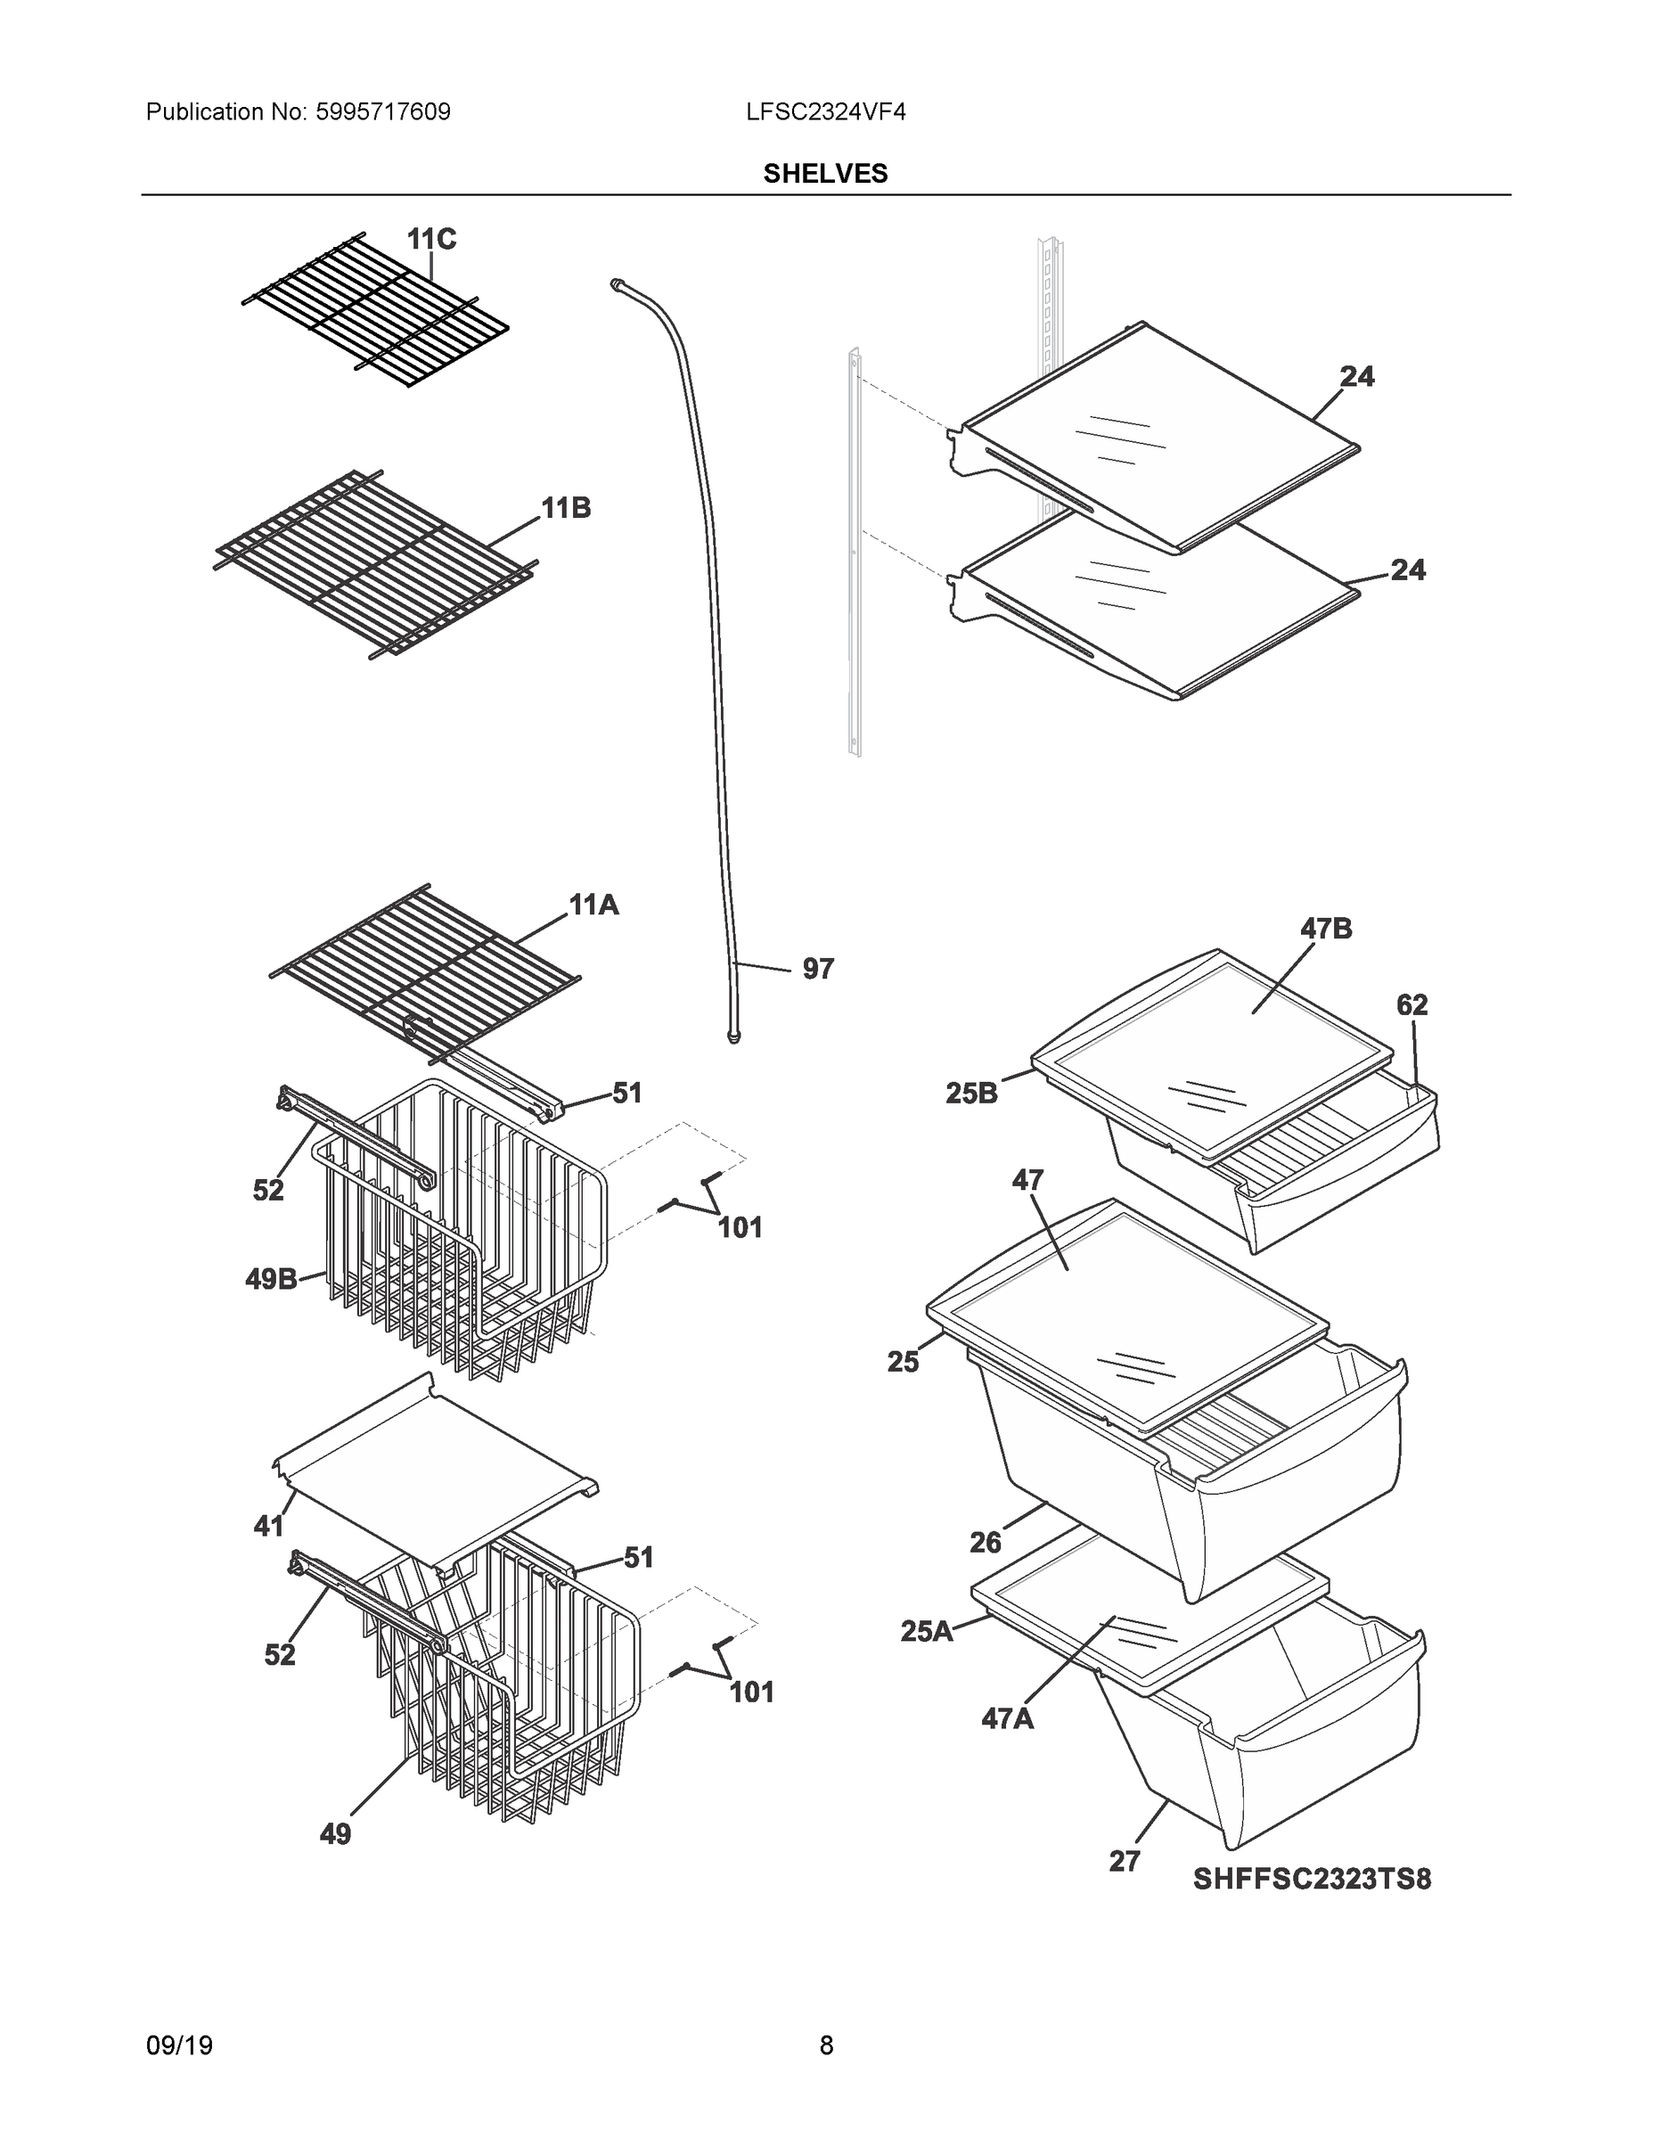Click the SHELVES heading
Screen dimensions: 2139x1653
[824, 174]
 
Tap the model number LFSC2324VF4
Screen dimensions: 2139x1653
[824, 112]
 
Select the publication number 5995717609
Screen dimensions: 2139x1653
[382, 112]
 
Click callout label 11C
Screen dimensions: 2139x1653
[431, 239]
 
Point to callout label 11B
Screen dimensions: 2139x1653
[566, 508]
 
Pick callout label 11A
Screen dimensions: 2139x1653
[593, 905]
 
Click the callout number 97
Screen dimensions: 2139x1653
[818, 969]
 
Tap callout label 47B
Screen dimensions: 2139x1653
[1326, 929]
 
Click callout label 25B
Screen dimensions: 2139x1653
[971, 1094]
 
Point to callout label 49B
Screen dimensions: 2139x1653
[271, 1279]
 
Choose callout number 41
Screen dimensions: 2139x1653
[268, 1526]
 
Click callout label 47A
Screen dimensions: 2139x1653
[1008, 1717]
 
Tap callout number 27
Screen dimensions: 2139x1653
[1125, 1861]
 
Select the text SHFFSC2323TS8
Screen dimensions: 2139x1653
[1311, 1879]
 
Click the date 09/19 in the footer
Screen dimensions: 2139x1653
[179, 2046]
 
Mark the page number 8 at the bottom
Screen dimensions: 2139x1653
[825, 2046]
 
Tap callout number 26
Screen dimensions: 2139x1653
[986, 1543]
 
